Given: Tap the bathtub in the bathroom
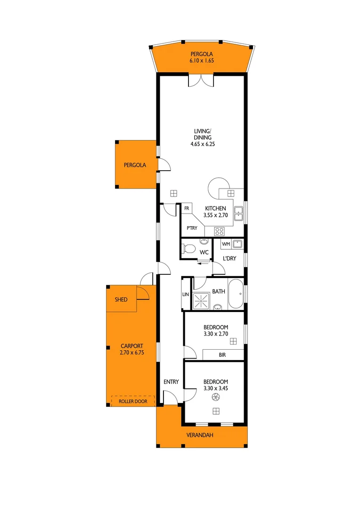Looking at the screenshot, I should click(236, 294).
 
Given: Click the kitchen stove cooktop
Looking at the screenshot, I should click(219, 231).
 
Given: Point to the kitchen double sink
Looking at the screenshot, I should click(238, 213).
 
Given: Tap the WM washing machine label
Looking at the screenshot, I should click(225, 244).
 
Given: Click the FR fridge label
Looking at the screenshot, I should click(187, 208).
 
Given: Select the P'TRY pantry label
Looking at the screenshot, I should click(191, 228).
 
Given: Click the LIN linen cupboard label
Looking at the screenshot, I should click(185, 295).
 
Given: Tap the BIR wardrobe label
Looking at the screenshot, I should click(223, 355).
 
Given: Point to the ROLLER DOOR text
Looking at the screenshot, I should click(133, 402).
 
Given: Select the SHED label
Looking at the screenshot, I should click(121, 300).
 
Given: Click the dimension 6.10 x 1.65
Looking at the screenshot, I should click(202, 60).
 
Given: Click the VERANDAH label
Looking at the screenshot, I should click(202, 435).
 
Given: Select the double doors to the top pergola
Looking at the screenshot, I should click(201, 80).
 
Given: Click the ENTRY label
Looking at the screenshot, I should click(171, 382).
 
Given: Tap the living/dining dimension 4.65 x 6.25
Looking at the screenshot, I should click(202, 144).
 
